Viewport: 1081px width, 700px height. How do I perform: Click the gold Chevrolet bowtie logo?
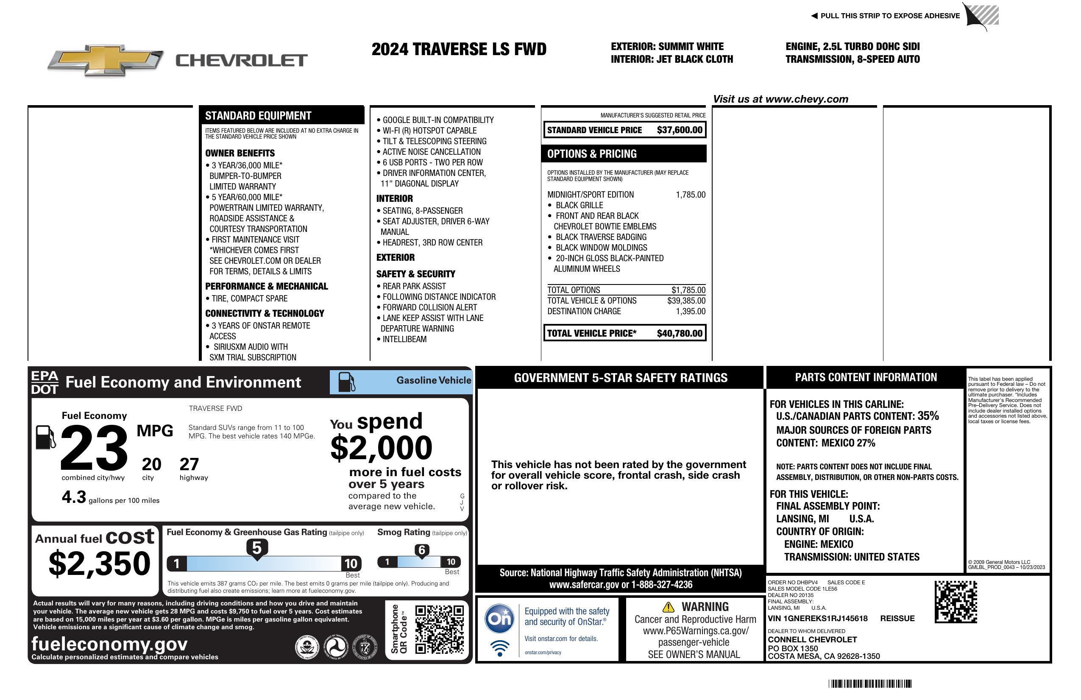[106, 60]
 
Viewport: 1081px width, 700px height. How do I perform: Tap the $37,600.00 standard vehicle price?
[679, 130]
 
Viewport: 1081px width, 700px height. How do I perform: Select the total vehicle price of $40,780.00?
[679, 333]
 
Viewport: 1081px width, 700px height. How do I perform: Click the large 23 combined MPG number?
[94, 447]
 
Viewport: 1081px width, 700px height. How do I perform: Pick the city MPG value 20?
[151, 464]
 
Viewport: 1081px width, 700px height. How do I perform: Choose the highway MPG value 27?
[189, 464]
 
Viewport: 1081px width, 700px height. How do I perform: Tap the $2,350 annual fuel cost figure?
[100, 563]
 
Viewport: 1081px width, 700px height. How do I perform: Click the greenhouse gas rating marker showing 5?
[256, 548]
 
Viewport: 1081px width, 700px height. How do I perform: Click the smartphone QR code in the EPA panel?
[439, 629]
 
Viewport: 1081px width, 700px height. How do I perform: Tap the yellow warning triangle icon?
[668, 607]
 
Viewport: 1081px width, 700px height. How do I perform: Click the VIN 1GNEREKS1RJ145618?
[818, 618]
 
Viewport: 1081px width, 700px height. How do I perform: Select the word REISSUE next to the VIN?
[897, 618]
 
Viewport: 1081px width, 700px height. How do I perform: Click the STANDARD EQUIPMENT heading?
[258, 115]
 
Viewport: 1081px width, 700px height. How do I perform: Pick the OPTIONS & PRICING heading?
[591, 153]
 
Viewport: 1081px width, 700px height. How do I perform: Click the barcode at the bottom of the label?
[870, 683]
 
